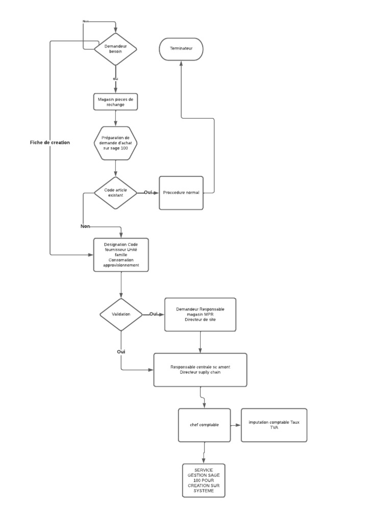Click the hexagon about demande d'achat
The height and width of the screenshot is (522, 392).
(x=115, y=143)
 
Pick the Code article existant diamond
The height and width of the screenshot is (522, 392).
(x=115, y=193)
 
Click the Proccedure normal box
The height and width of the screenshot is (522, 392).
(x=181, y=193)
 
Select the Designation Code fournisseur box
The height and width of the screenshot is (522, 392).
(x=121, y=255)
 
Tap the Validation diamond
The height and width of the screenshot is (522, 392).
(x=121, y=315)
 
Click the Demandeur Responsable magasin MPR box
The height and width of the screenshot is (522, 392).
(x=200, y=315)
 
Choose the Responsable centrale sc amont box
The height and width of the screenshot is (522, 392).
(x=200, y=370)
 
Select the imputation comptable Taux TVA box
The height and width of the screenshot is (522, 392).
(x=274, y=425)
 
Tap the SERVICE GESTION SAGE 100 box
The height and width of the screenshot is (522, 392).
(x=204, y=480)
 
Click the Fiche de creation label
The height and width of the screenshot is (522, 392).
(x=50, y=143)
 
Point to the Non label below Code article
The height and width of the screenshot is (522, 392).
(x=85, y=226)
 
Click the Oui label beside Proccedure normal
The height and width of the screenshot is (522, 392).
(x=148, y=192)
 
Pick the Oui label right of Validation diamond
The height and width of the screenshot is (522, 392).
(x=154, y=314)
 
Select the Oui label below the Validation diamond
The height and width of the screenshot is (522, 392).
(x=121, y=352)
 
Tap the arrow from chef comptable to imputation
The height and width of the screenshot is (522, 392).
(x=236, y=425)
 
